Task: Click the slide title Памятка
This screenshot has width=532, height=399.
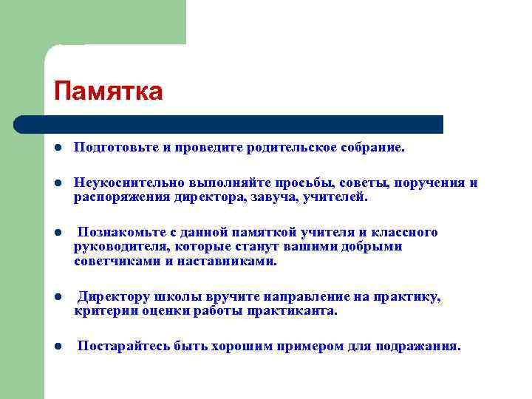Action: [108, 92]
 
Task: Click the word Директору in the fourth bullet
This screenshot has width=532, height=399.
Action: [115, 296]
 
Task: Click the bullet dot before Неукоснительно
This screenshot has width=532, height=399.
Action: [57, 183]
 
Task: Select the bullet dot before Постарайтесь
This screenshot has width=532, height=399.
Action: [57, 346]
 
